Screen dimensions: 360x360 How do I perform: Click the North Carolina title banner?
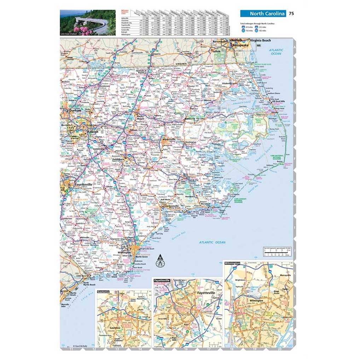263,14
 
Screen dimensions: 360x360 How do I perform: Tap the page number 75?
291,14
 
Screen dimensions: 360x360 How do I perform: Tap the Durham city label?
75,111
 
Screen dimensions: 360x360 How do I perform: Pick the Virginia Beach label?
263,41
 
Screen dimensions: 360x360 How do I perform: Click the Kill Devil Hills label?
278,101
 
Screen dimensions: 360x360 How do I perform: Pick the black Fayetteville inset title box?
161,280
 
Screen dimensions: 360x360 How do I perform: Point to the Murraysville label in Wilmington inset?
285,274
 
